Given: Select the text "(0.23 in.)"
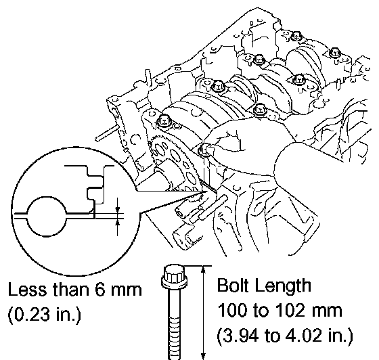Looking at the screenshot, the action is click(44, 315).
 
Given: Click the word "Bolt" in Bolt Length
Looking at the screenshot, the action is click(233, 286).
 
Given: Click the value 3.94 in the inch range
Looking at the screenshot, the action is click(241, 335).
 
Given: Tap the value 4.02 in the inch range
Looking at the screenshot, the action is click(305, 335).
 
